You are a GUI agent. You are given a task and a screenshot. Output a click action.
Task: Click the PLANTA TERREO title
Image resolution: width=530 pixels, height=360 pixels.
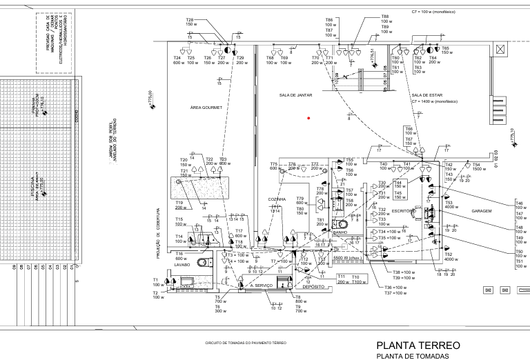[418, 345]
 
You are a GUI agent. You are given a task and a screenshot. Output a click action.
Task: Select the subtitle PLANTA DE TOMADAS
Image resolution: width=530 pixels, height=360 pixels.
[412, 356]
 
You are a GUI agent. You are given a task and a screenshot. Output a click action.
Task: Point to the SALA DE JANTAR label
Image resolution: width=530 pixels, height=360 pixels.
[293, 95]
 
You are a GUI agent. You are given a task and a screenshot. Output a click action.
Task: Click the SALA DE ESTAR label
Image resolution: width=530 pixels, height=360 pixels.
[426, 95]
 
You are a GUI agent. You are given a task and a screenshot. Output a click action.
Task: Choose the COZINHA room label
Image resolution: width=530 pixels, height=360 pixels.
[277, 199]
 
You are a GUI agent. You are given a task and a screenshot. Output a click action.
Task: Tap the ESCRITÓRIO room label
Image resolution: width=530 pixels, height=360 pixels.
[402, 210]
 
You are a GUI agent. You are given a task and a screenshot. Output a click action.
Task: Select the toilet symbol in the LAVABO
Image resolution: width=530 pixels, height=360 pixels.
[201, 263]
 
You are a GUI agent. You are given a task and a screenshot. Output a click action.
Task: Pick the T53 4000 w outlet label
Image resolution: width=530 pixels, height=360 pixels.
[451, 205]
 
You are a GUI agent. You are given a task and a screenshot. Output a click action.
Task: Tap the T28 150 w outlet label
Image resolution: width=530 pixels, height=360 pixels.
[190, 22]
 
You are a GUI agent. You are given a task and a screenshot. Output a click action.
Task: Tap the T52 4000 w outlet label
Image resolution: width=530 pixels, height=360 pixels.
[449, 257]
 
